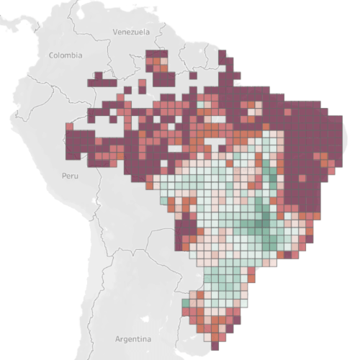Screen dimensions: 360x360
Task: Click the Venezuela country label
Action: [x=131, y=32]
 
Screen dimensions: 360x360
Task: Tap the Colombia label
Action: [x=66, y=55]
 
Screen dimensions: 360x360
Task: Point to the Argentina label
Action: [x=134, y=338]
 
